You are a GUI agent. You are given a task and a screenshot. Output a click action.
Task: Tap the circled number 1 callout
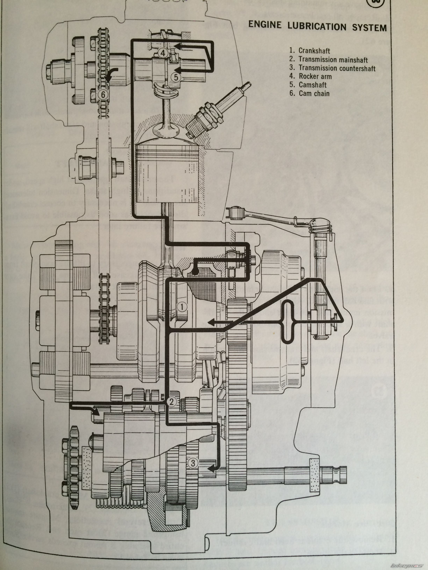182,307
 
